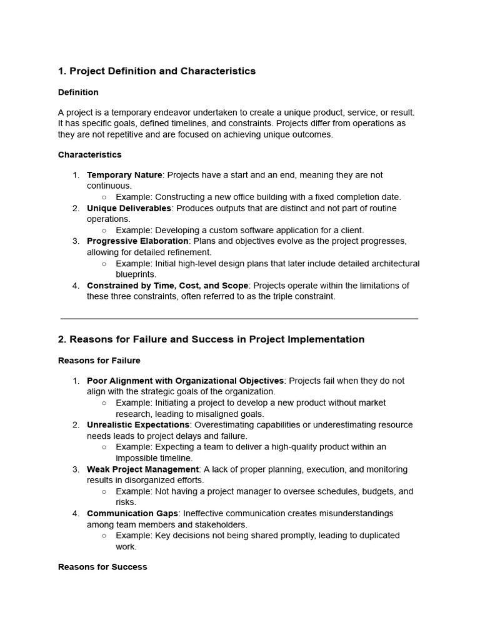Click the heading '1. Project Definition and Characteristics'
tap(157, 71)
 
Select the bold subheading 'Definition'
tap(78, 92)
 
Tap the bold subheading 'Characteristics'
tap(90, 154)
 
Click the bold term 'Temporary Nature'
tap(124, 175)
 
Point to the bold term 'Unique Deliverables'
tap(129, 208)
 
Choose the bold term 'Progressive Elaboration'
tap(137, 241)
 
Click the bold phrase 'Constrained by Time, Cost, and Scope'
tap(167, 286)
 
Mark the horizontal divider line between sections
tap(239, 319)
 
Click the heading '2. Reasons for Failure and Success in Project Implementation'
tap(211, 339)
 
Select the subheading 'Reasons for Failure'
tap(99, 361)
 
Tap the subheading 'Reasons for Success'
tap(102, 567)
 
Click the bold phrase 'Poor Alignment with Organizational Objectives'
tap(185, 381)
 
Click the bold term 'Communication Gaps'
tap(132, 513)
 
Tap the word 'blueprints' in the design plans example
tap(136, 274)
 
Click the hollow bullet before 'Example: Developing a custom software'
tap(104, 231)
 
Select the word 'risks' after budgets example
tap(126, 502)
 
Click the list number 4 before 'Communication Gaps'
tap(76, 514)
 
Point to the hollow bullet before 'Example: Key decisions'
tap(104, 536)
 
